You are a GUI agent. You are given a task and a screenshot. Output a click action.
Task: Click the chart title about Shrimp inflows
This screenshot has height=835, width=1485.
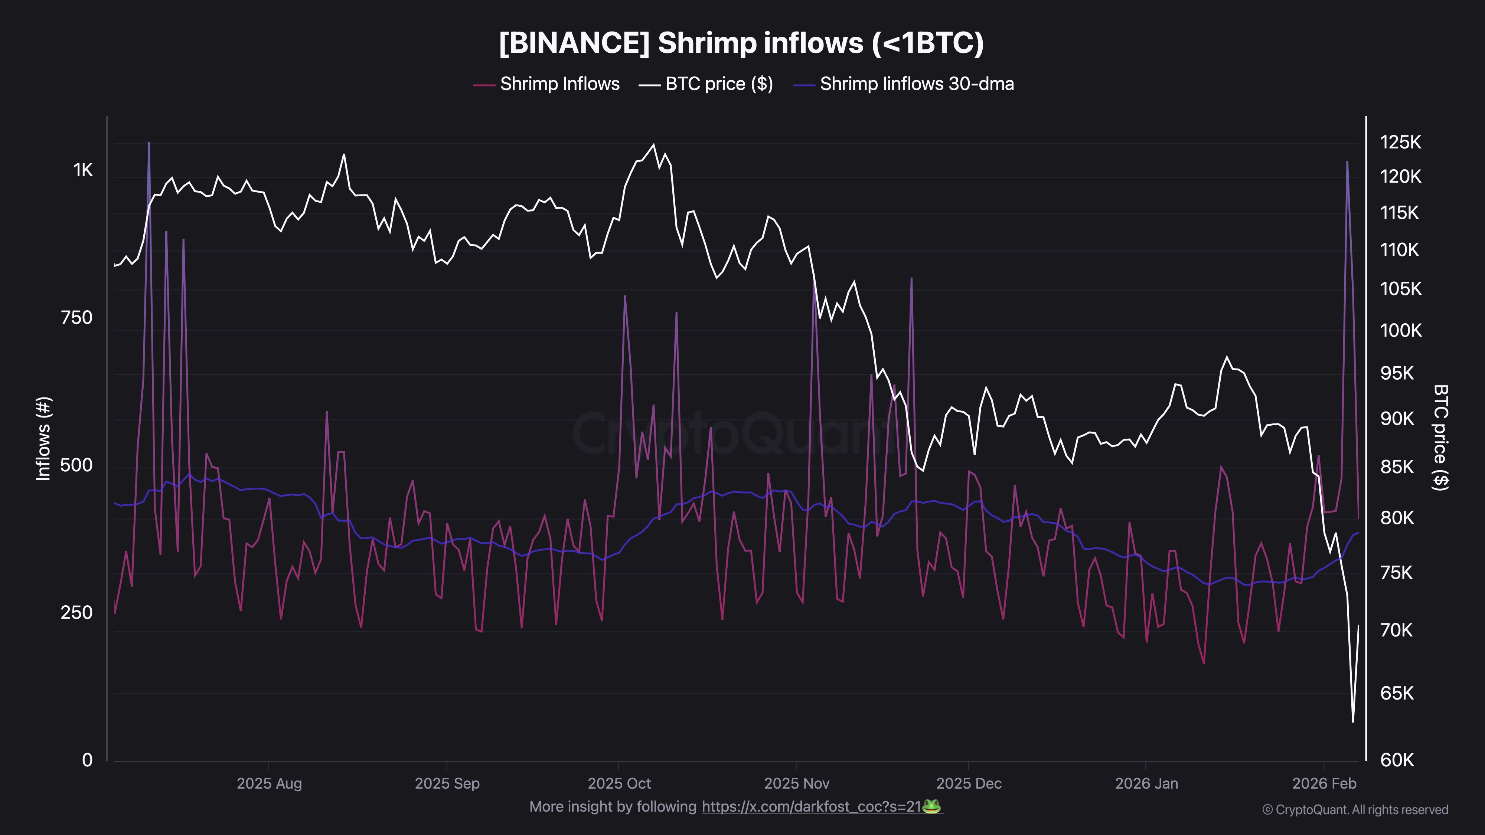(x=741, y=43)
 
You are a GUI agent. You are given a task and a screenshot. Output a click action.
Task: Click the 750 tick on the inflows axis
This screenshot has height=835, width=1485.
(x=77, y=318)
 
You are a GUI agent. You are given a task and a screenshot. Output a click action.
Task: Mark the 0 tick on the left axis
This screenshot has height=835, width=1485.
(x=87, y=760)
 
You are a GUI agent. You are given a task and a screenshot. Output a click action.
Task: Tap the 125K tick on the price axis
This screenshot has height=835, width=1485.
(x=1400, y=143)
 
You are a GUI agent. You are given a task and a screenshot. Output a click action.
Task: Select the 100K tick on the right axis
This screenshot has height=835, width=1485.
(x=1400, y=331)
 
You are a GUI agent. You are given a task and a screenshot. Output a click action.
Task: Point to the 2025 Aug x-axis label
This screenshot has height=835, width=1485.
(x=269, y=784)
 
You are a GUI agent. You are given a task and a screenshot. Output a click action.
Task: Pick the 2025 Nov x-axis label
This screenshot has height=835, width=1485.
(x=797, y=784)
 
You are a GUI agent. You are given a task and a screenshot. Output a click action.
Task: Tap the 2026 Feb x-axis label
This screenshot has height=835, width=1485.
(x=1324, y=784)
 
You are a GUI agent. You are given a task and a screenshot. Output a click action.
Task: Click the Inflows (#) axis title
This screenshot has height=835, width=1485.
(x=44, y=438)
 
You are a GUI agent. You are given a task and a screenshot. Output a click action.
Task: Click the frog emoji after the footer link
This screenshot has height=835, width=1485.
(x=931, y=806)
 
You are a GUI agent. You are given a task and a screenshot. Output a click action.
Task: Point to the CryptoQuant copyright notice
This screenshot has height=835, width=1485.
(x=1355, y=810)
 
